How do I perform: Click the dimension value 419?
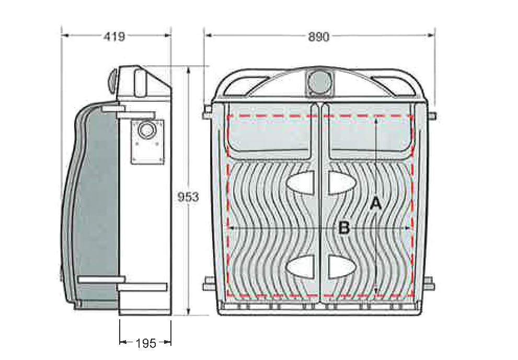click(114, 37)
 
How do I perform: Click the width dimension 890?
click(318, 37)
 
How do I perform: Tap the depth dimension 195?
click(146, 343)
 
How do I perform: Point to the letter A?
click(375, 204)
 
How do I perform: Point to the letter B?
click(343, 228)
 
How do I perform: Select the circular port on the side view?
click(147, 130)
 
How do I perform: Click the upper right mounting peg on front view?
click(433, 115)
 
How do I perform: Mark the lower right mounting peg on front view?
click(431, 285)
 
